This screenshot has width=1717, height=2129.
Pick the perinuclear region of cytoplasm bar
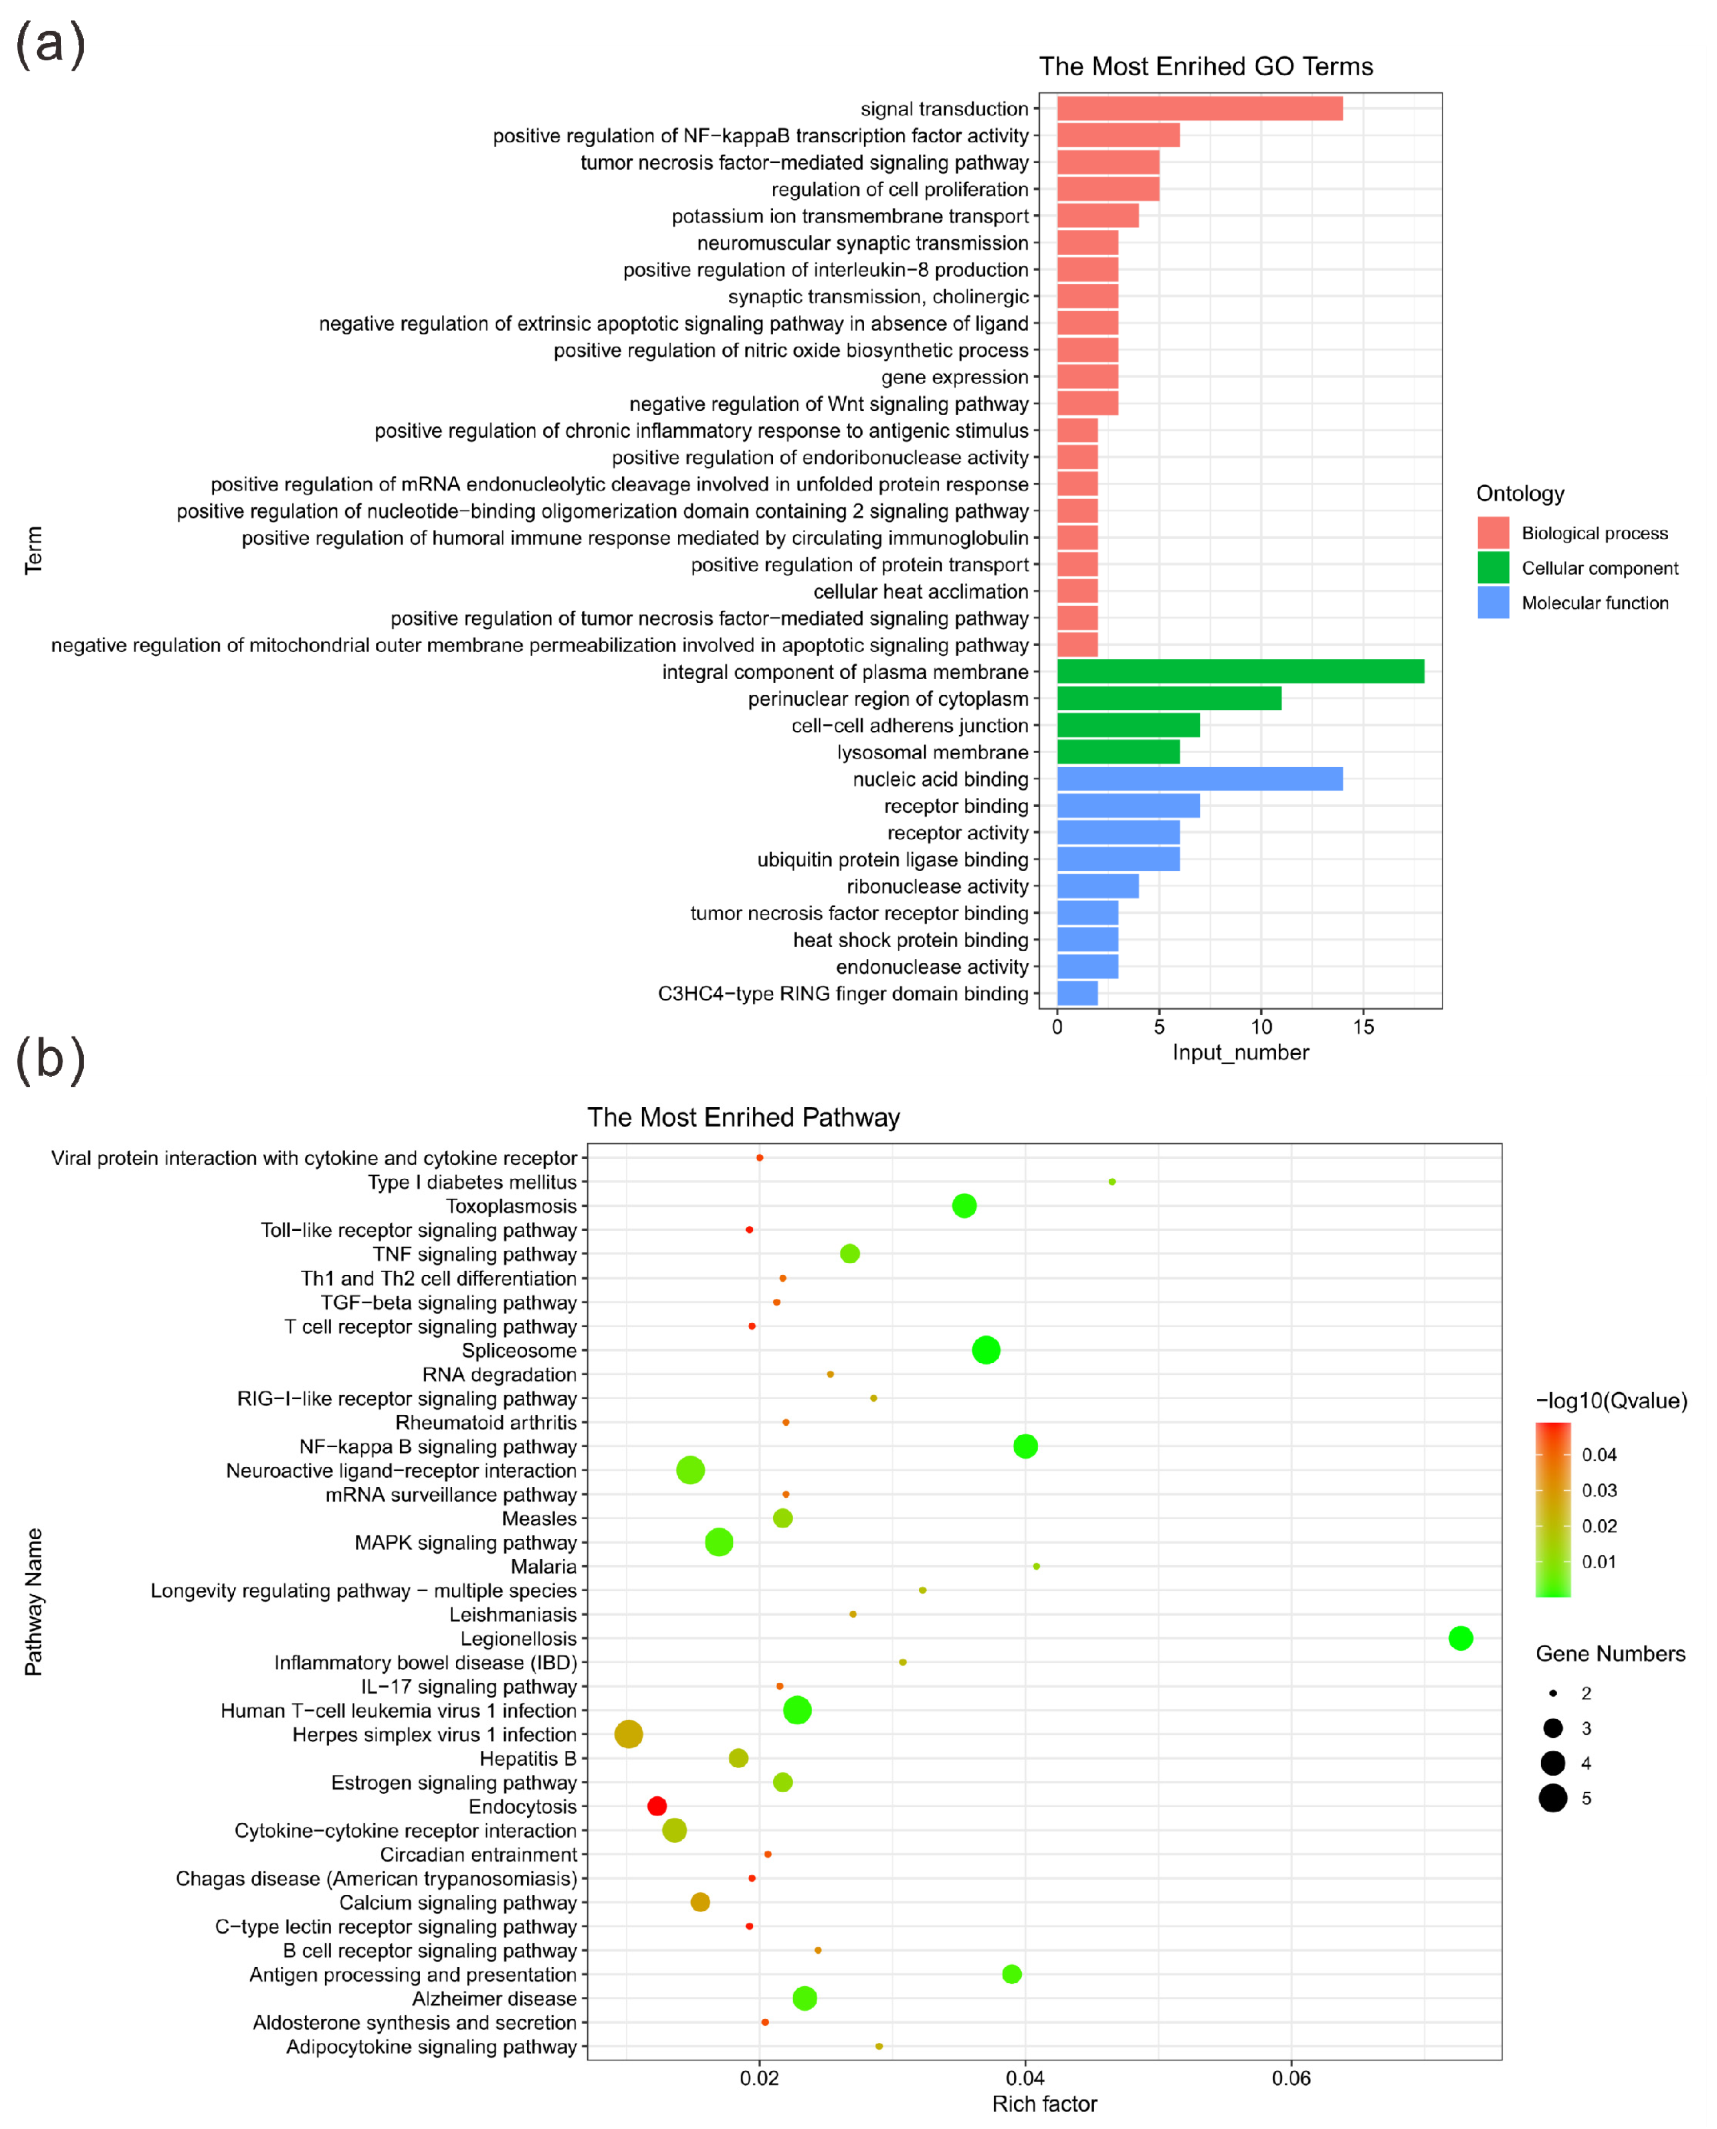(1168, 698)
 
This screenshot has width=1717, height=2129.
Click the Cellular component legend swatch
(1492, 567)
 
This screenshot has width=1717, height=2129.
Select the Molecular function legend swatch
(1492, 602)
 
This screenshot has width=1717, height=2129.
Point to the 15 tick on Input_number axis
(1363, 1026)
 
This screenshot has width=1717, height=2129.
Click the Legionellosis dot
(1460, 1639)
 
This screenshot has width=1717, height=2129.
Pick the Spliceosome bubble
(985, 1350)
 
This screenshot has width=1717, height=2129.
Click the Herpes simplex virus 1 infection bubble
(628, 1735)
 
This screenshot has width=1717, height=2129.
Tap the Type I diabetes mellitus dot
(1112, 1182)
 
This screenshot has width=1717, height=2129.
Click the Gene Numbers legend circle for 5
(1553, 1798)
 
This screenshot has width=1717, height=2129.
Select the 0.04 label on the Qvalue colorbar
(1598, 1454)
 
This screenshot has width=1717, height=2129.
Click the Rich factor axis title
(1044, 2105)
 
